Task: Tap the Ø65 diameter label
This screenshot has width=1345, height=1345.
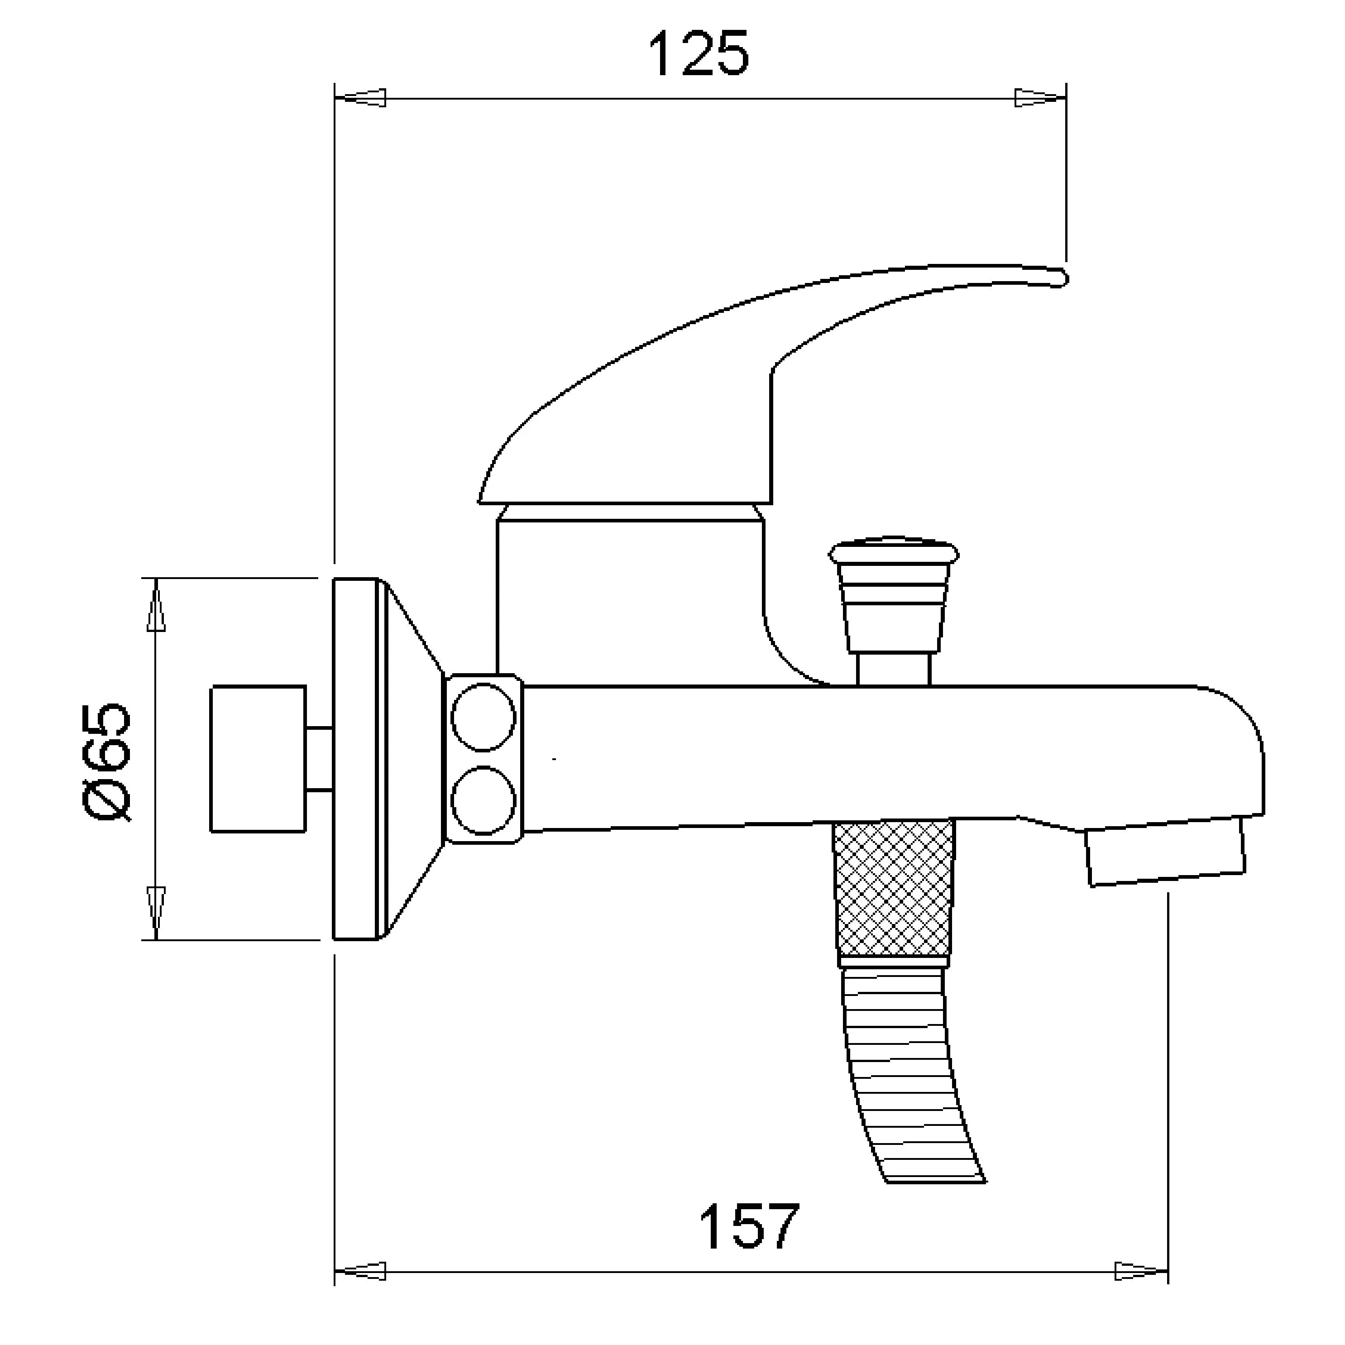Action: coord(106,762)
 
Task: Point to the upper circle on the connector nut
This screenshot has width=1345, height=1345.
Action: coord(483,717)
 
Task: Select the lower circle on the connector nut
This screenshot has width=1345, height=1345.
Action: coord(483,800)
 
